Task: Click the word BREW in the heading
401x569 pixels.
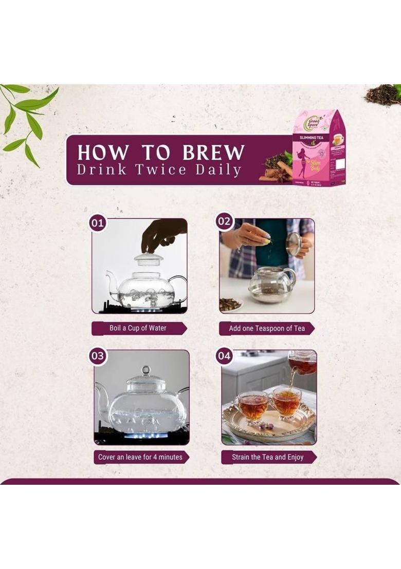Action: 213,153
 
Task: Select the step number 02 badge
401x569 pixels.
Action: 225,222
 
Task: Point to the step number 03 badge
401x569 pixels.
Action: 97,355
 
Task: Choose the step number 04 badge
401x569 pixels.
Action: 225,355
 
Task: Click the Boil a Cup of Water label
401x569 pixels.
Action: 138,328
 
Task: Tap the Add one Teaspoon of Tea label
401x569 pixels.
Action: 266,328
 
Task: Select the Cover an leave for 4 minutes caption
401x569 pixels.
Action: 140,457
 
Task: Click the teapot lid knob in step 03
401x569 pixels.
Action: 146,370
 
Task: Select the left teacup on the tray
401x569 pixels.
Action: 251,405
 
